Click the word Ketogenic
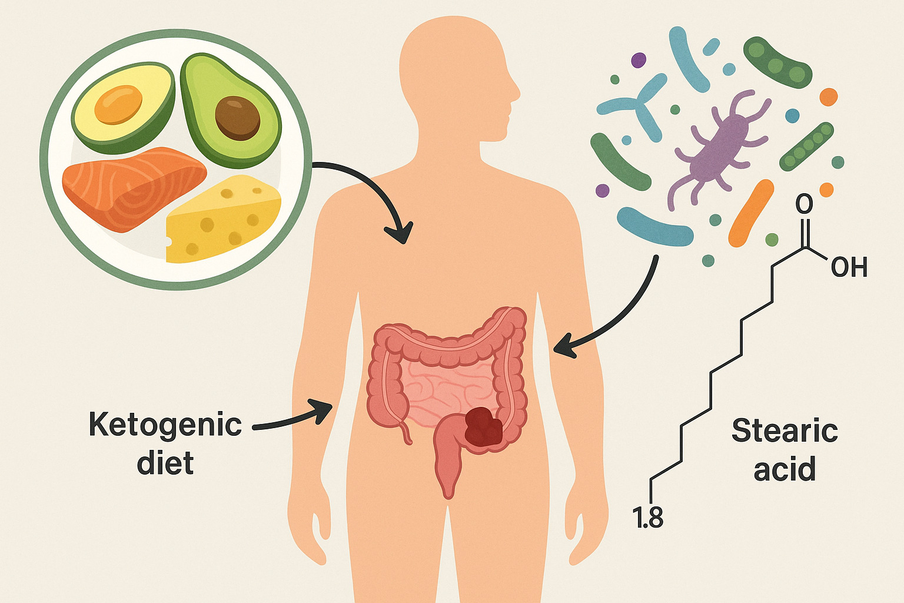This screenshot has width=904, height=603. coord(165,425)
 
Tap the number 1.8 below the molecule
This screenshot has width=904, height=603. coord(647,518)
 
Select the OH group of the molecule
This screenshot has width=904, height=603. coord(849,267)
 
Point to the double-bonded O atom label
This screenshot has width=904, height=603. coord(804,204)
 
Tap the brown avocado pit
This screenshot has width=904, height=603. coord(237,117)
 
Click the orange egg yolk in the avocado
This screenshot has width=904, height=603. coord(119,104)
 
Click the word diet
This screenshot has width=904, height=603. coord(165,463)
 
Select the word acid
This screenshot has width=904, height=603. coord(785,469)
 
